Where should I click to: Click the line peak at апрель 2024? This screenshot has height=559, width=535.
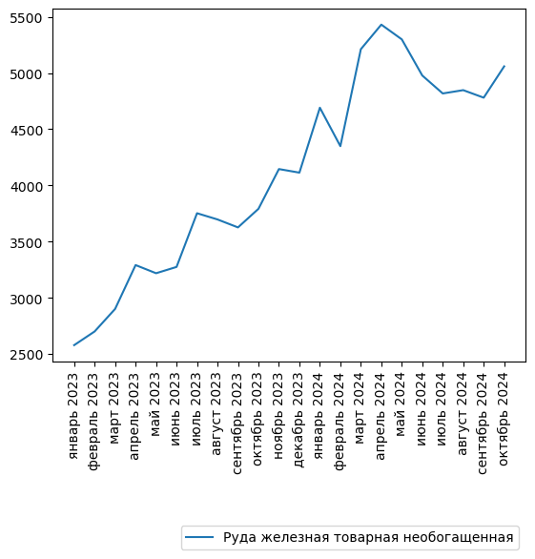pos(381,25)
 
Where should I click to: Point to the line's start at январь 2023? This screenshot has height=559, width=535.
pos(74,345)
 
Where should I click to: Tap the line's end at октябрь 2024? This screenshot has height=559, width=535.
pos(504,66)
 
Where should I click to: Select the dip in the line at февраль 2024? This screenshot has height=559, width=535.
pos(340,146)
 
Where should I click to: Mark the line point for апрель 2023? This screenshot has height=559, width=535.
pos(135,265)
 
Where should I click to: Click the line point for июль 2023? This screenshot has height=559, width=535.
pos(197,213)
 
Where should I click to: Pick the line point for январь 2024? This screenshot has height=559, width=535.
pos(320,108)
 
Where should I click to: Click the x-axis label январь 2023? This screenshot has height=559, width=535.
pos(74,411)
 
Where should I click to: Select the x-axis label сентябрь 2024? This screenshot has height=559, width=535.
pos(484,421)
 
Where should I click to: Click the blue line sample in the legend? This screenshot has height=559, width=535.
pos(199,537)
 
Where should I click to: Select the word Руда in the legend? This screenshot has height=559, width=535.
pos(239,537)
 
